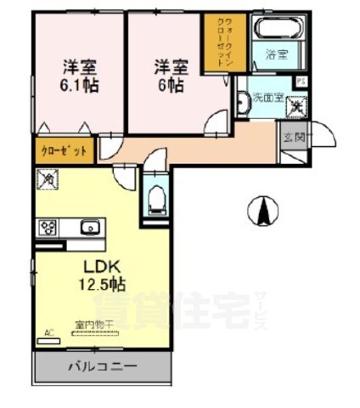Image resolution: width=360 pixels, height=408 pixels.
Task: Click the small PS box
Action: pos(301,80)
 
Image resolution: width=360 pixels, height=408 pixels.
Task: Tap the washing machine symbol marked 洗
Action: pos(295,107)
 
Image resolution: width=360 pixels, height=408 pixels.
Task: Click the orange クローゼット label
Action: pos(65,150)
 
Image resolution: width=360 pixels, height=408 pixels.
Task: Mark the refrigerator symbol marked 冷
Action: pos(47,179)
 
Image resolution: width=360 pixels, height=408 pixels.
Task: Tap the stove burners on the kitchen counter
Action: pos(48,228)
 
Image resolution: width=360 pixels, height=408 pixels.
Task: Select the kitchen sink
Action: pos(88,228)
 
